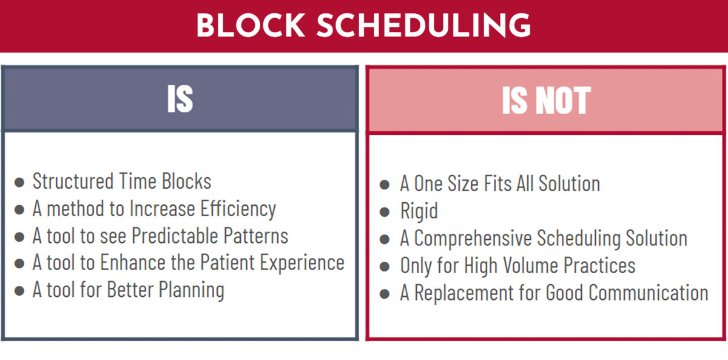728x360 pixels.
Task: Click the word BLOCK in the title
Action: tap(250, 25)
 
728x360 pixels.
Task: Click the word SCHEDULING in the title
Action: tap(424, 25)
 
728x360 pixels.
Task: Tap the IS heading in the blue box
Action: tap(180, 99)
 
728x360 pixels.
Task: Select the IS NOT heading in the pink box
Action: tap(546, 100)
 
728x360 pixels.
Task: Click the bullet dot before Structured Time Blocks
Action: tap(19, 182)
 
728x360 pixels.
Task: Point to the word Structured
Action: tap(73, 181)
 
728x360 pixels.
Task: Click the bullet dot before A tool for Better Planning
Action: tap(19, 291)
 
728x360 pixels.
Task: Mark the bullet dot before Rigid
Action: tap(385, 212)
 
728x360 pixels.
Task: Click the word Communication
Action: tap(649, 293)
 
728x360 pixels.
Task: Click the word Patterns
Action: tap(256, 236)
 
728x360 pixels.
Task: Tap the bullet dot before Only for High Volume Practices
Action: tap(385, 267)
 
